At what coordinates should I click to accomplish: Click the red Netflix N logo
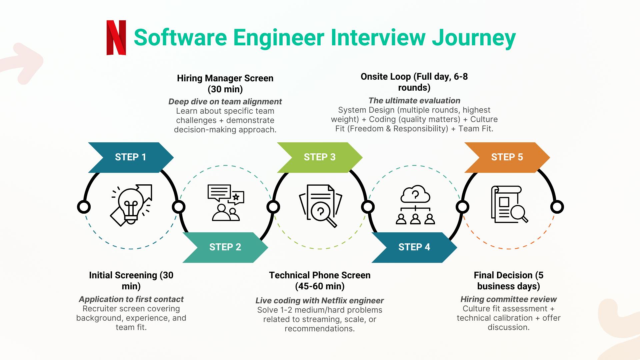point(116,38)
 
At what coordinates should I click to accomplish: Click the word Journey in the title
point(474,38)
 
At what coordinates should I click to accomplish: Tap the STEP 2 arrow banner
point(225,247)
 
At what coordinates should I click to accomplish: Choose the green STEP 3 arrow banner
point(319,157)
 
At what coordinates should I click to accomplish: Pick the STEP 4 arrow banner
point(414,247)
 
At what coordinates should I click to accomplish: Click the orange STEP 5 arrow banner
point(507,157)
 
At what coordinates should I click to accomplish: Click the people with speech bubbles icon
point(226,203)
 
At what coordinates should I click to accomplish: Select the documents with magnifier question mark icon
point(320,206)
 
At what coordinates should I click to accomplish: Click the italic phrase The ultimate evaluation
point(414,101)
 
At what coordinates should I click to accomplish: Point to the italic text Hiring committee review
point(508,299)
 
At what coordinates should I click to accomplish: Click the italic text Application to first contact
point(131,299)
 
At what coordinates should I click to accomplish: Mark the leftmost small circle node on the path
point(84,207)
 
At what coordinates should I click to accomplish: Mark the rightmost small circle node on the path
point(557,207)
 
